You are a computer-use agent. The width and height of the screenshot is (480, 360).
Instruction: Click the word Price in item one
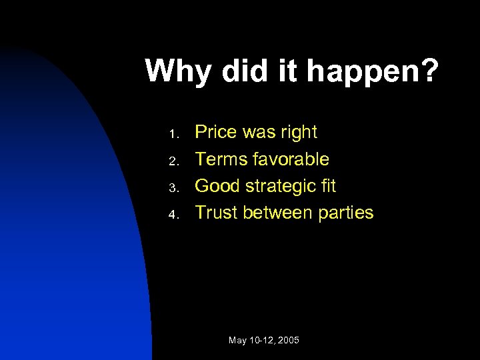coord(216,133)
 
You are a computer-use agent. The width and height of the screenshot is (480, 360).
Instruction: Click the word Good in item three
coord(217,186)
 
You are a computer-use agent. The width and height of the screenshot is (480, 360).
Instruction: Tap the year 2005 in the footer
coord(287,341)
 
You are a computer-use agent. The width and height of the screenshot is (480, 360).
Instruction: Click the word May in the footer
coord(237,341)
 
